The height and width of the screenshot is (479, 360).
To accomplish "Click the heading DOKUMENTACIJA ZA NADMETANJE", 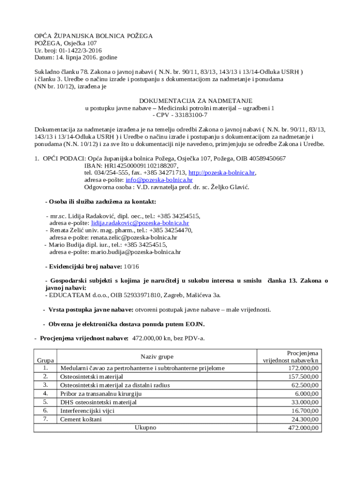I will [x=196, y=101].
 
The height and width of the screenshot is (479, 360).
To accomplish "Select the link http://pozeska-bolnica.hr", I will [x=221, y=173].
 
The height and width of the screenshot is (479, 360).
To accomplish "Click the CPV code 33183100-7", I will [x=185, y=115].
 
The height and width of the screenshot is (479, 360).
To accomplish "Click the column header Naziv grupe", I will [x=157, y=356].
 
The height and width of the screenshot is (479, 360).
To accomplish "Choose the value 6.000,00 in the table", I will [x=306, y=394].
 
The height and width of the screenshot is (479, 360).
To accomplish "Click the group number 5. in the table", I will [x=45, y=402].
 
